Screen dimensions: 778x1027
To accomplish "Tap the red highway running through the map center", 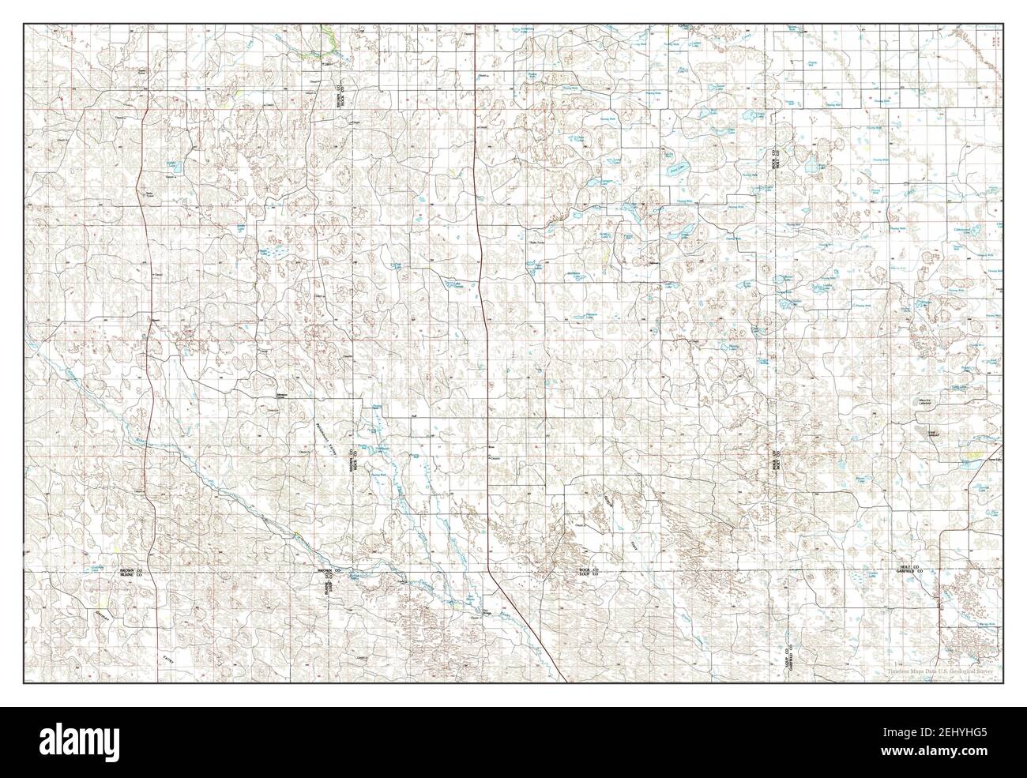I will (483, 316).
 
